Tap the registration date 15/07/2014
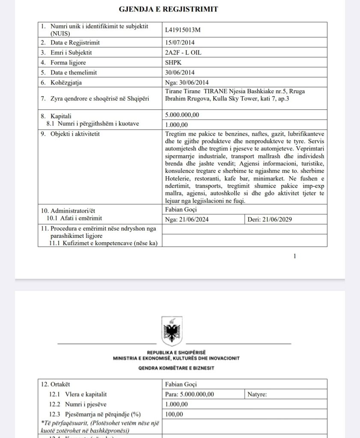[180, 43]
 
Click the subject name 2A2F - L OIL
[182, 53]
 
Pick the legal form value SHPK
[173, 62]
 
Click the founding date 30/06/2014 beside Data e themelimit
[180, 72]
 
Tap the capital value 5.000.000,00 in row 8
[182, 115]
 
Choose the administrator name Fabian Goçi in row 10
[181, 210]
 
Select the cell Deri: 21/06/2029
[271, 219]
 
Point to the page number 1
[295, 256]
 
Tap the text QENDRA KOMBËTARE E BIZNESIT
[176, 368]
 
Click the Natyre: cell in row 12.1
[257, 394]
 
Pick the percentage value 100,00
[174, 414]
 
